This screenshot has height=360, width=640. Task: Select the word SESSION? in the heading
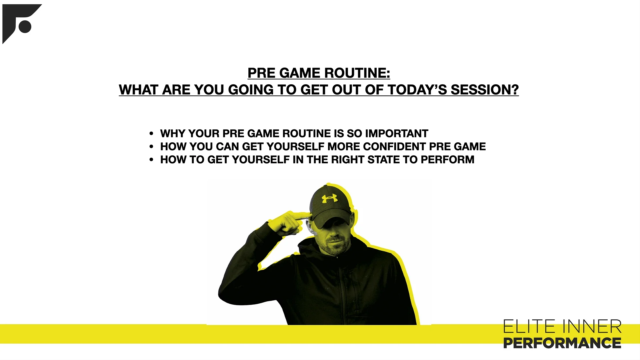[485, 90]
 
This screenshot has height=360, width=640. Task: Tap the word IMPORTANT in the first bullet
[397, 133]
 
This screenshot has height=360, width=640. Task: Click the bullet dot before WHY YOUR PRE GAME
[151, 134]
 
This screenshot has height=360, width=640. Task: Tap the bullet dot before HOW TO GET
[151, 160]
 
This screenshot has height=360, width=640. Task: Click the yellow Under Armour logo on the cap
[329, 199]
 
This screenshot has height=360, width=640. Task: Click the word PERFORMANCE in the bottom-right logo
[562, 343]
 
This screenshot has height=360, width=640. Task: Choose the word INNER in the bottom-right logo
[592, 327]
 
